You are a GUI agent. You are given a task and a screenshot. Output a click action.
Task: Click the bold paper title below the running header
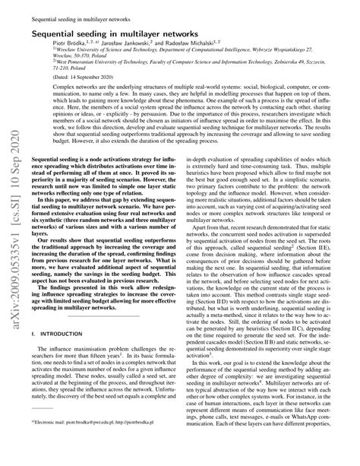pyautogui.click(x=124, y=33)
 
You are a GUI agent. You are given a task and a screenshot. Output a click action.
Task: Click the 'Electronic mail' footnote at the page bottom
pyautogui.click(x=98, y=439)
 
